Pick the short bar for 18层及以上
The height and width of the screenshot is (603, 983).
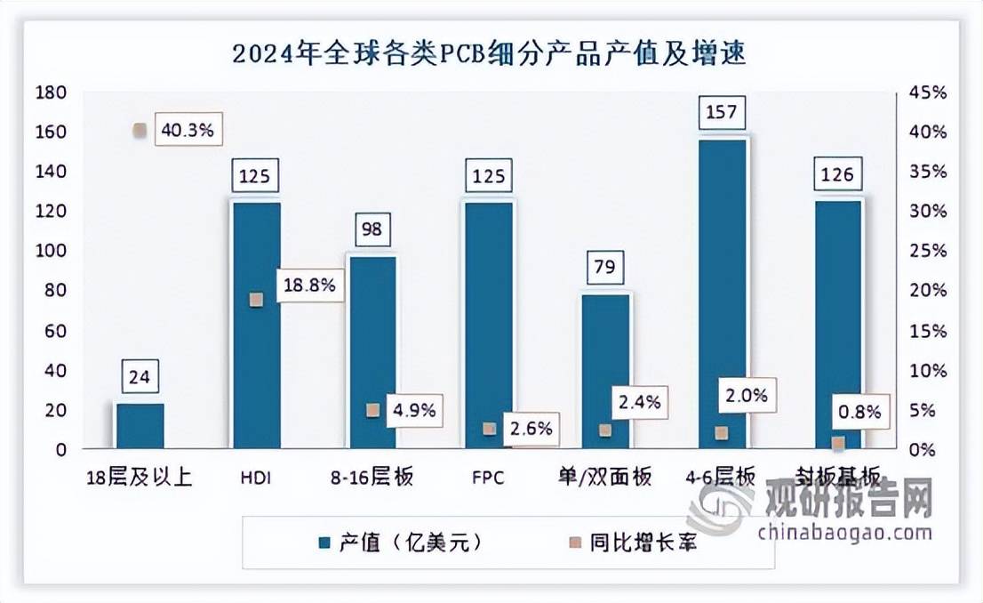tap(140, 426)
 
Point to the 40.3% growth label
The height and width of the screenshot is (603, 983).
tap(188, 131)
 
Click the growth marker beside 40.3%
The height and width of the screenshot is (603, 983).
tap(139, 131)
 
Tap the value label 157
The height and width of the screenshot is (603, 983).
tap(723, 112)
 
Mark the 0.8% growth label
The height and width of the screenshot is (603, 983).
tap(859, 412)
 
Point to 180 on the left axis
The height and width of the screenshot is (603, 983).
tap(52, 92)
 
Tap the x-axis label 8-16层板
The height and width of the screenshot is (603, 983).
tap(372, 478)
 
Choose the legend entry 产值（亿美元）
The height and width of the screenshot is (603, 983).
tap(399, 542)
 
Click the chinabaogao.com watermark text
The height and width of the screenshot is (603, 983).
tap(844, 534)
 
